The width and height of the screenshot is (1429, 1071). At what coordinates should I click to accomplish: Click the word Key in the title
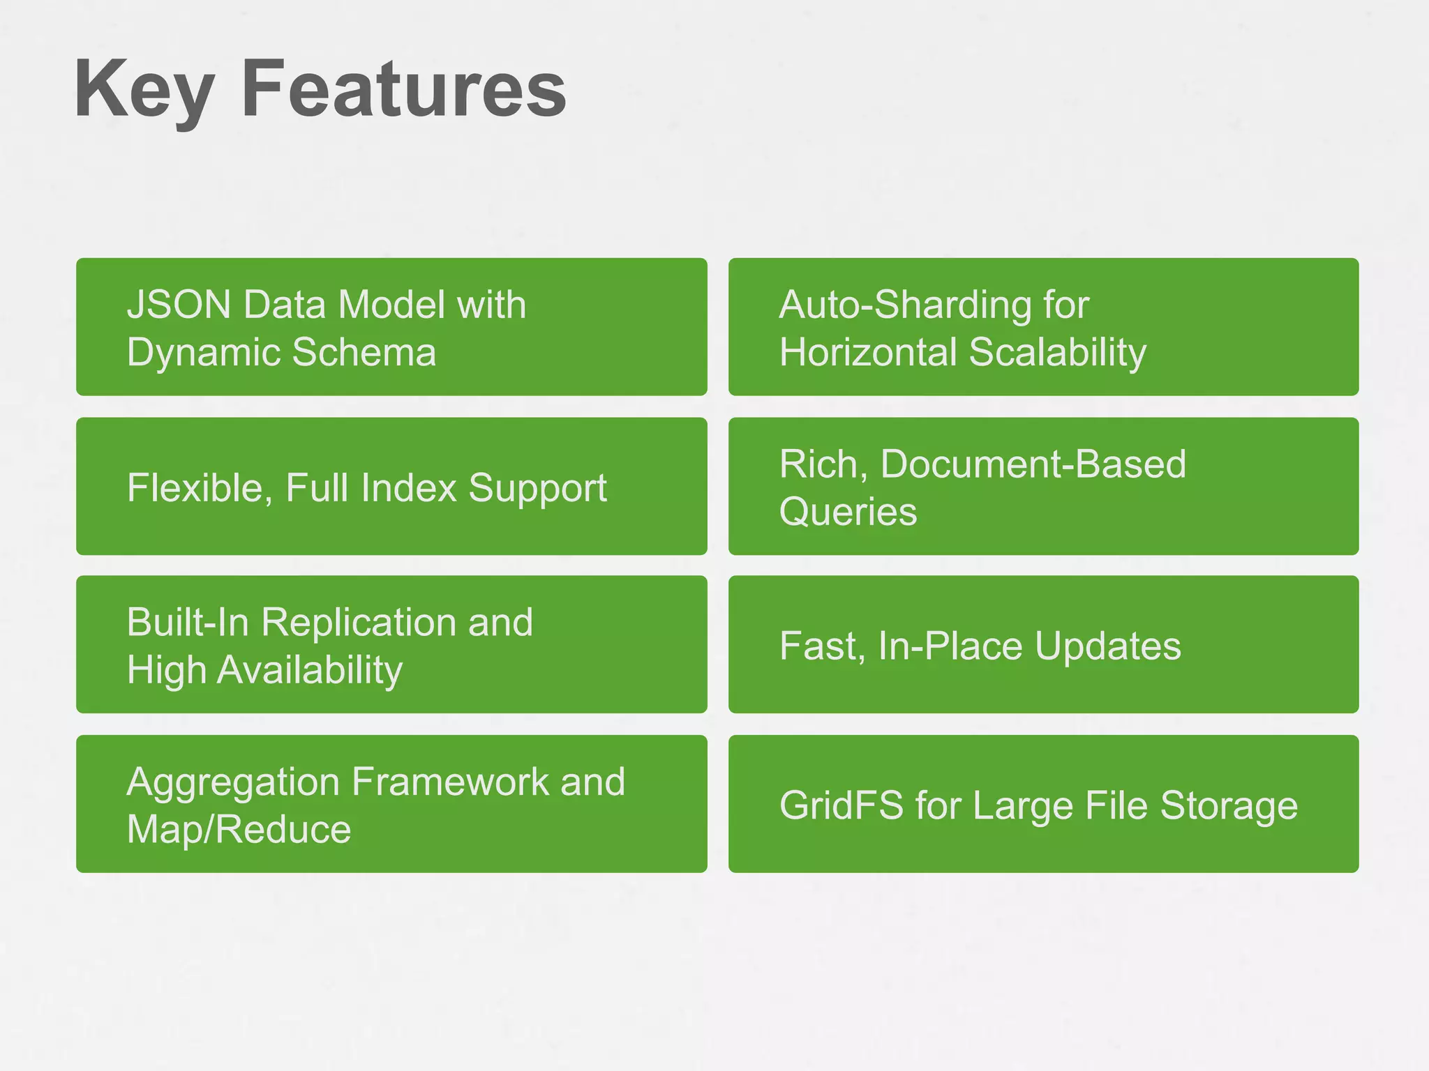pos(143,91)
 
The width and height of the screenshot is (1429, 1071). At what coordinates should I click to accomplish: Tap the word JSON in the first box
pos(179,305)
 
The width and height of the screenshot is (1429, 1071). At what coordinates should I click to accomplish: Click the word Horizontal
pos(867,352)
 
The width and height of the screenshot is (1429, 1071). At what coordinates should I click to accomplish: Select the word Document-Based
pos(1033,464)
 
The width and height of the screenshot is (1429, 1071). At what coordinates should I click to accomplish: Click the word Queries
pos(848,512)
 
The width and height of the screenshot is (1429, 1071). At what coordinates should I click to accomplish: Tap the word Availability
pos(310,671)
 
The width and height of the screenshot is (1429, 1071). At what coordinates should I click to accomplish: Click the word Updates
pos(1107,646)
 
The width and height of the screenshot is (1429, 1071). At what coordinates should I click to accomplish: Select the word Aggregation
pos(233,783)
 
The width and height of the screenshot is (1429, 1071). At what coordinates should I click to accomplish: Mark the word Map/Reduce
pos(239,830)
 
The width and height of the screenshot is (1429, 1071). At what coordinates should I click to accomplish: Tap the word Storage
pos(1228,806)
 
